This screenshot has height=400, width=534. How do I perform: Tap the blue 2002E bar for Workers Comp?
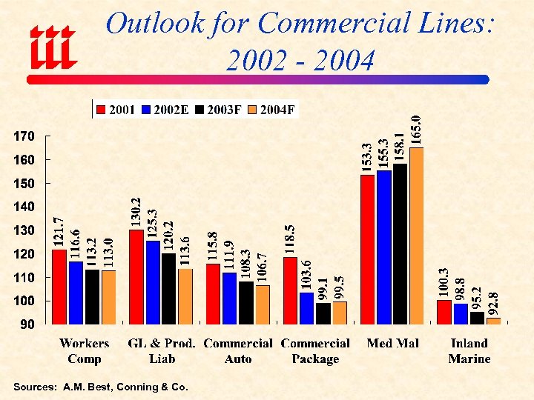(x=76, y=293)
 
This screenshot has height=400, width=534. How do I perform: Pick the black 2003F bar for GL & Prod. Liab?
(x=168, y=289)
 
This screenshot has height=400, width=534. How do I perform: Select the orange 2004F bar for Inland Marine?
(x=493, y=321)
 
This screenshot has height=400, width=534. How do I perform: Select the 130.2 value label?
(x=136, y=212)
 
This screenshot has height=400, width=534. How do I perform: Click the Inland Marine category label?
(x=469, y=351)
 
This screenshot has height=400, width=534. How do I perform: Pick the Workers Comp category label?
(x=84, y=351)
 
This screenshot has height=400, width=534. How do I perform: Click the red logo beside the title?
(x=52, y=46)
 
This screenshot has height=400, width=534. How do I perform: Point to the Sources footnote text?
(x=101, y=387)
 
